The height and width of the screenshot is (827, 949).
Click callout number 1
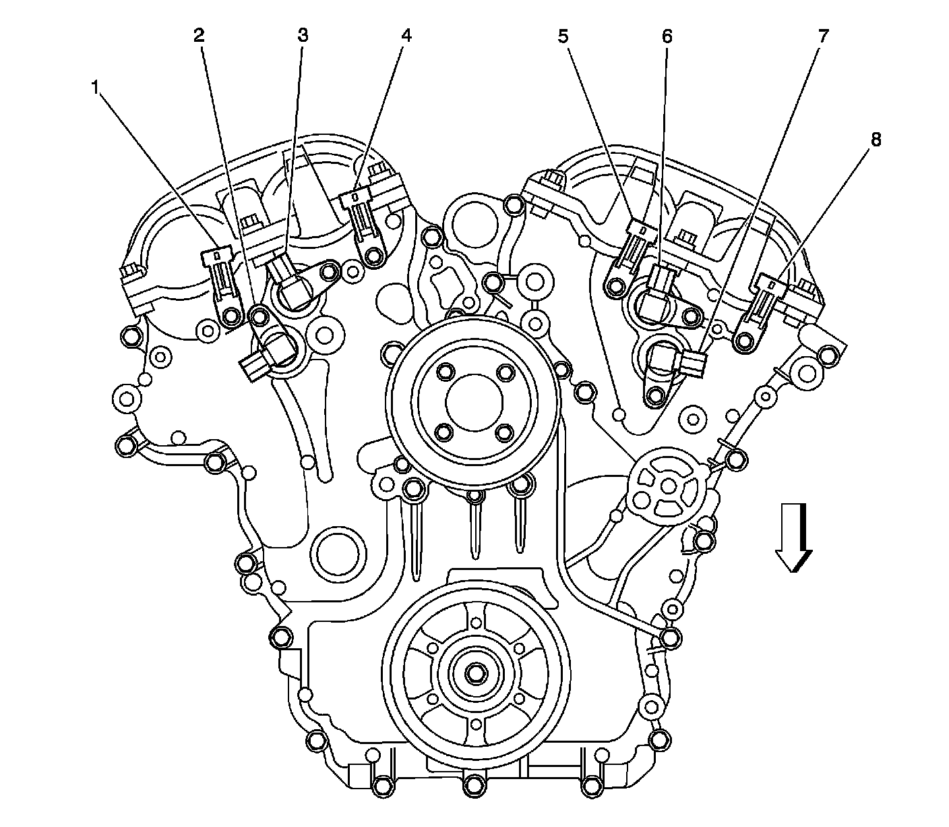tap(95, 87)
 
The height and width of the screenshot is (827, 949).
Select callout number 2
tap(199, 35)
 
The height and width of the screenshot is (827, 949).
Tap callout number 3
tap(303, 35)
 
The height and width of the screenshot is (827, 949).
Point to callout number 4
tap(406, 35)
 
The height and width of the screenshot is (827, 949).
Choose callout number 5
tap(563, 36)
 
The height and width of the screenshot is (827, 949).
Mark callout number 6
tap(667, 36)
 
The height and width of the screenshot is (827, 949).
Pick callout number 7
tap(823, 36)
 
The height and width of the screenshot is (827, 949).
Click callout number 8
tap(876, 139)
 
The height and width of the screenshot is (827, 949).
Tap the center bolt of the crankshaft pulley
tap(475, 674)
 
